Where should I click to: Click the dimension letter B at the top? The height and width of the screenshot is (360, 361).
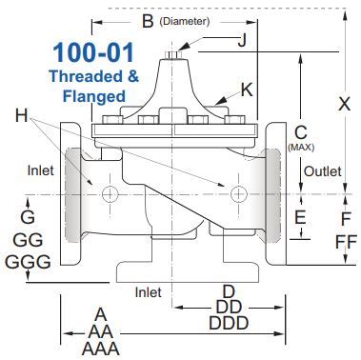coord(147,20)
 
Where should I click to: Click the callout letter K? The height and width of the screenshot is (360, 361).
coord(247,90)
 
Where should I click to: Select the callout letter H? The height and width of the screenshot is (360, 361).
coord(22,114)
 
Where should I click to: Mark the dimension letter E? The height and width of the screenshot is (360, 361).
coord(299,218)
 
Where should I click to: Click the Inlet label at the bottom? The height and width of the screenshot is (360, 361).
coord(148,291)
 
